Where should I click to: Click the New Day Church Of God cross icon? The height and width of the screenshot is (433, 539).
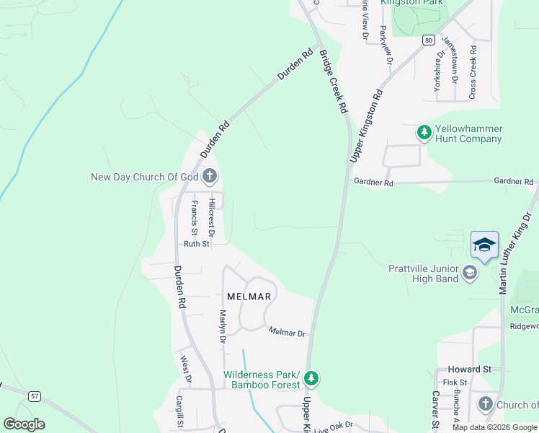[210, 175]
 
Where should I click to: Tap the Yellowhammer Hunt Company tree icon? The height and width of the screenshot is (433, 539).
[424, 132]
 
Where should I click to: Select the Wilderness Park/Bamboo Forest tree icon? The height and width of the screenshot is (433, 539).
[311, 378]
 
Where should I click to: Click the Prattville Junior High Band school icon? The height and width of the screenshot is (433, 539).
[470, 272]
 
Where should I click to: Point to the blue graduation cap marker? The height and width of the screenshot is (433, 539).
[485, 245]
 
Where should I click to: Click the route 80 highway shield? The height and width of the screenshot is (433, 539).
[429, 40]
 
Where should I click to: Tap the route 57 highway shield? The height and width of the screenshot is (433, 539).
[34, 396]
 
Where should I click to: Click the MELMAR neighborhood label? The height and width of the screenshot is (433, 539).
[249, 297]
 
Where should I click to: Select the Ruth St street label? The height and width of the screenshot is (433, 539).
[196, 244]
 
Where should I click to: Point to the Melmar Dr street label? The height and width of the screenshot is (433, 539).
[288, 333]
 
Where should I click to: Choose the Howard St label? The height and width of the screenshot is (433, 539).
[469, 369]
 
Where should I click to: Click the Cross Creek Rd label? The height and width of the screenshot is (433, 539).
[473, 72]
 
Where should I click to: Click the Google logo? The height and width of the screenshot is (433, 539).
[24, 424]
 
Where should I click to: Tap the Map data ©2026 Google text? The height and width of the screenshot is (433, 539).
[494, 427]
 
